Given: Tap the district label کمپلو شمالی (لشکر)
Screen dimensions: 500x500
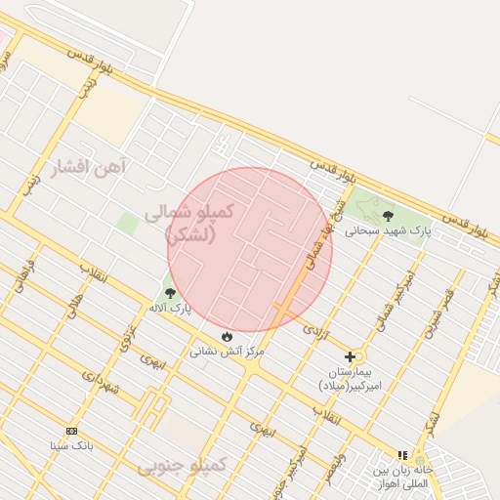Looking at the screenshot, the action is tap(189, 223).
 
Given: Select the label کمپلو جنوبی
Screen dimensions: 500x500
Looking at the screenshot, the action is tap(182, 465).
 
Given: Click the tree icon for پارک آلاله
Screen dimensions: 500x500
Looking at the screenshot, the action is tap(170, 293).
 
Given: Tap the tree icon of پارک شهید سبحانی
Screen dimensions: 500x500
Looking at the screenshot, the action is tap(388, 216).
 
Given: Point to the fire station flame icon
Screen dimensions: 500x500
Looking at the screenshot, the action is tap(228, 335).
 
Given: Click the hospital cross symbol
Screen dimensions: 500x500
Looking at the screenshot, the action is tap(350, 356).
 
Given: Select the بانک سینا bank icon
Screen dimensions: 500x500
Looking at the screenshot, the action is tap(71, 431).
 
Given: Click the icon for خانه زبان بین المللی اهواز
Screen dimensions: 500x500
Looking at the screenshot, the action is tap(402, 455).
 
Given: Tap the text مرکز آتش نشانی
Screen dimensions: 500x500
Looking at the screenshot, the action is tap(229, 350).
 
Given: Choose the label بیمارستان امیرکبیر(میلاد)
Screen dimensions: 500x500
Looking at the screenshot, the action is tap(353, 379).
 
